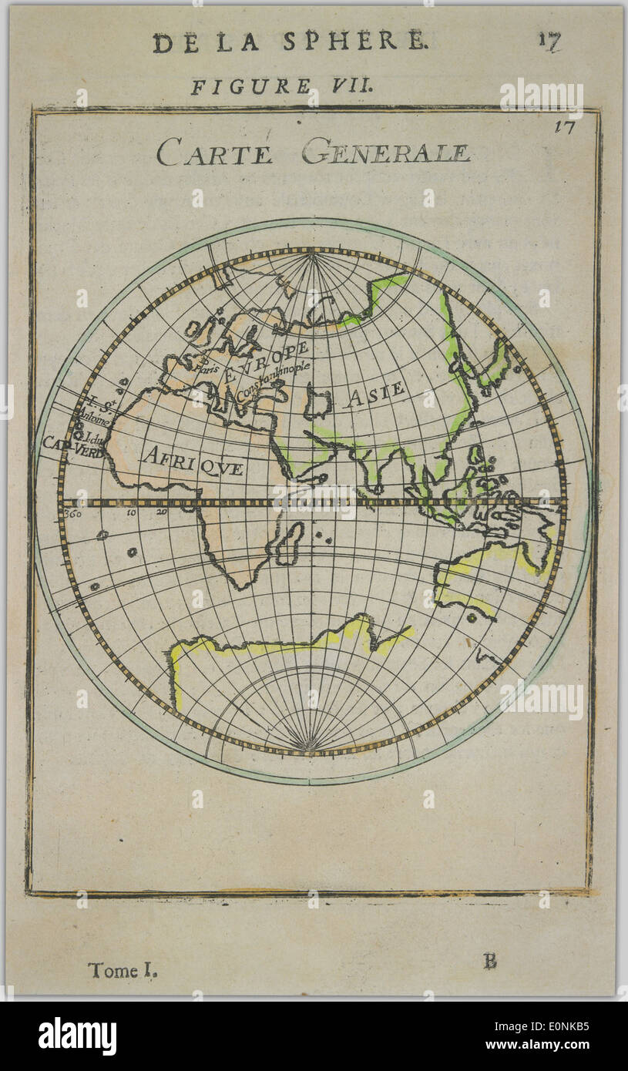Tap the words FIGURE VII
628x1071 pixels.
(282, 86)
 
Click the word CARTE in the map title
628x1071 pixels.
(215, 151)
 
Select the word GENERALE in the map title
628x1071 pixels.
(385, 151)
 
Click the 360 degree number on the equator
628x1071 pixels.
(73, 513)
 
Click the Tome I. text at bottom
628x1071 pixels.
(123, 971)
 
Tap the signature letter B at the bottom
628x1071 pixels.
(490, 961)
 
